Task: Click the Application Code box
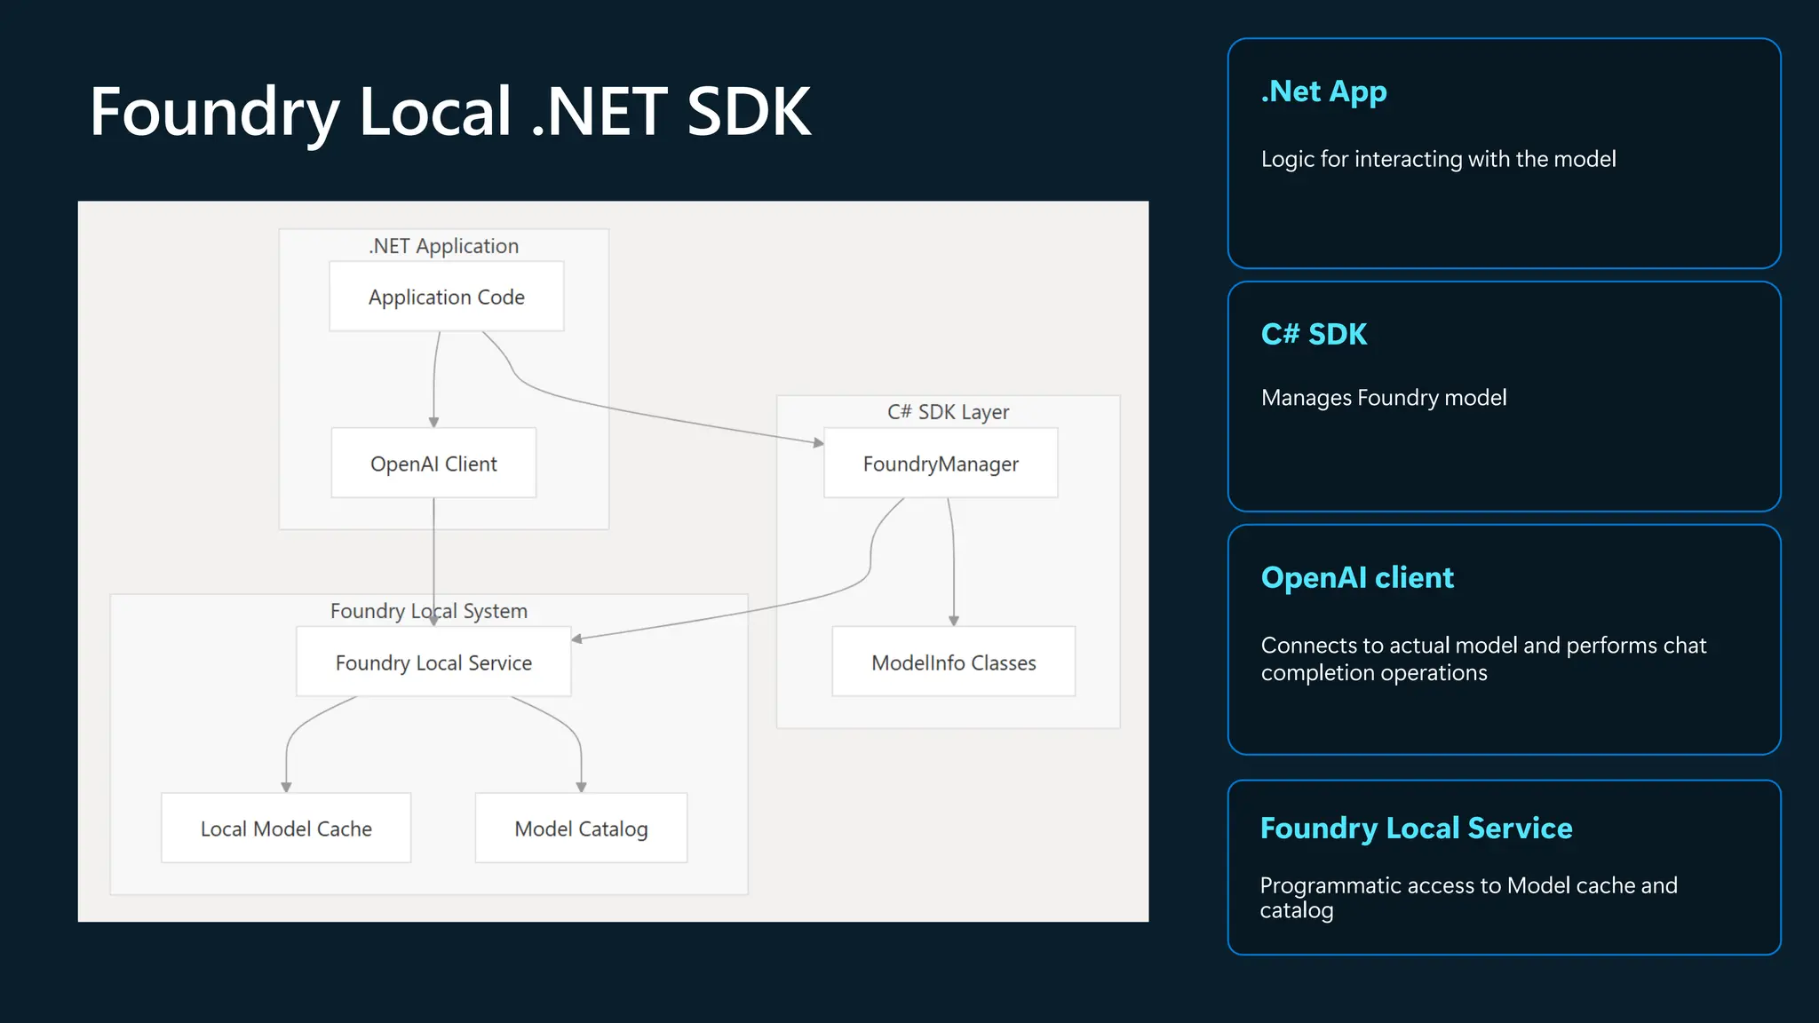[446, 297]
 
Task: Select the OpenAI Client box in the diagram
[433, 464]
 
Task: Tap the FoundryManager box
[941, 464]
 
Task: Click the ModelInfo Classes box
[953, 662]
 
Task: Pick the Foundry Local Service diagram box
[433, 662]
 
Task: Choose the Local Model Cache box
[286, 829]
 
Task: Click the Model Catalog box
[581, 829]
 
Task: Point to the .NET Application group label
[443, 246]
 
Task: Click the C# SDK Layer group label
[948, 412]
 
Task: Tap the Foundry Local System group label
[429, 611]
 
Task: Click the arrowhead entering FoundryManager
[819, 442]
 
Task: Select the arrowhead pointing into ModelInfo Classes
[953, 621]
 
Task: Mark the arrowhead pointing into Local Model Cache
[286, 787]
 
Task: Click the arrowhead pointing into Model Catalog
[581, 787]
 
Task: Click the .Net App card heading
[1323, 91]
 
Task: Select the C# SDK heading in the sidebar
[1314, 334]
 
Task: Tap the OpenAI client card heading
[1357, 577]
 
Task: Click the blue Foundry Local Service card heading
[1416, 828]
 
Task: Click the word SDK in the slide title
[749, 112]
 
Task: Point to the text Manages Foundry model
[1383, 397]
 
